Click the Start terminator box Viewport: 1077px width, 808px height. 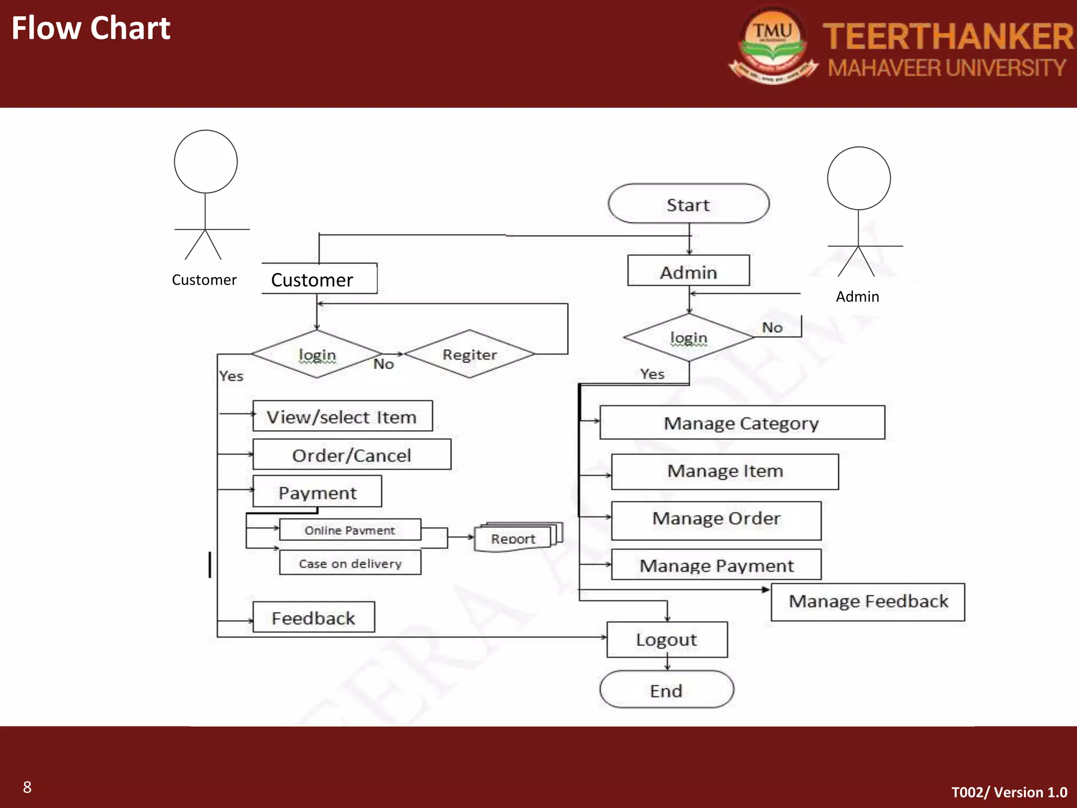(688, 204)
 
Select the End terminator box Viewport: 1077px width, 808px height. (666, 690)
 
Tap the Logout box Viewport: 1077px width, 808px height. (667, 640)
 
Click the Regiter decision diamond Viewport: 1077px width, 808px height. (470, 354)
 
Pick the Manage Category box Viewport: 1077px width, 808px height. (741, 422)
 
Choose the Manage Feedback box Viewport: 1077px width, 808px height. (868, 602)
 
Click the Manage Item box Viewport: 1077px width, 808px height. (725, 471)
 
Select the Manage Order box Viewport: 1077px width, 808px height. (716, 520)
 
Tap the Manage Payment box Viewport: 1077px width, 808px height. (716, 565)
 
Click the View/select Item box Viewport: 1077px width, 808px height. (342, 416)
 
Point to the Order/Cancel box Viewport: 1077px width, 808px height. (351, 454)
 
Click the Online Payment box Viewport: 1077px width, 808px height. (350, 530)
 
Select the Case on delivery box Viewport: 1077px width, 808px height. (350, 563)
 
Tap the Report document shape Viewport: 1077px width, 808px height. (513, 538)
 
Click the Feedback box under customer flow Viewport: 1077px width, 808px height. (313, 617)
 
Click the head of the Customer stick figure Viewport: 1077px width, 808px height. (206, 161)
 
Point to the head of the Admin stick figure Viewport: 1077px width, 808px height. (858, 178)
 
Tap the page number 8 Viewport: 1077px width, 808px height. (27, 787)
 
